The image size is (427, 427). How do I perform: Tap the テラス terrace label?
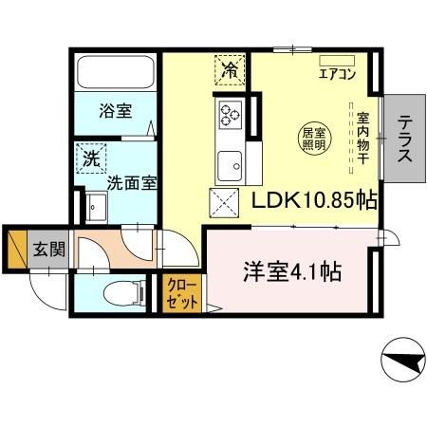click(406, 141)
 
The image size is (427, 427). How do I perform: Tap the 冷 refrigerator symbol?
click(230, 69)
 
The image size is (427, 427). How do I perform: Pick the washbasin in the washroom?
click(96, 206)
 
